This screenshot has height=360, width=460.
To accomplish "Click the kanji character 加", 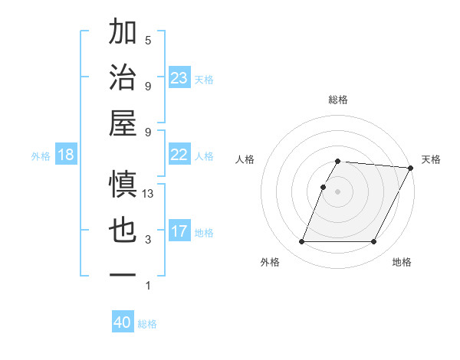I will click(x=123, y=34).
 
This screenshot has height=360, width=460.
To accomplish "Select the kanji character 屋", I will click(x=123, y=123).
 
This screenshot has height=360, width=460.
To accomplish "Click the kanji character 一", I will click(x=123, y=274).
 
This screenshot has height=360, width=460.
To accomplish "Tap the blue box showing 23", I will click(x=179, y=77).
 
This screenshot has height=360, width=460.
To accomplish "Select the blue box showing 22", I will click(x=179, y=155).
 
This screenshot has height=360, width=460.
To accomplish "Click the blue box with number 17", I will click(x=179, y=231).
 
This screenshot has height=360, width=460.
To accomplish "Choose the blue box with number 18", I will click(x=66, y=155).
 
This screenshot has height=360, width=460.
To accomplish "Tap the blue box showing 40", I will click(x=123, y=322).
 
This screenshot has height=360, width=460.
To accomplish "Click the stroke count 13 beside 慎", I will click(x=148, y=194).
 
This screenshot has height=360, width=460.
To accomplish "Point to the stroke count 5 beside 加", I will click(x=148, y=41).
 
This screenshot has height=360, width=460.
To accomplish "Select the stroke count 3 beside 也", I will click(x=148, y=240).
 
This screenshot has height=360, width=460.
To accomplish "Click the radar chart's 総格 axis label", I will click(x=338, y=100).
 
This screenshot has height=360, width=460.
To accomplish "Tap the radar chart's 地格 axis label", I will click(x=402, y=262).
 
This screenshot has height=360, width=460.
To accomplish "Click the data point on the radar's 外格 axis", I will click(x=301, y=242).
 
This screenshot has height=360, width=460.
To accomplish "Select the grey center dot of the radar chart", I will click(x=338, y=191).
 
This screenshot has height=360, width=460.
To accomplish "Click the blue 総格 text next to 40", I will click(x=147, y=324).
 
